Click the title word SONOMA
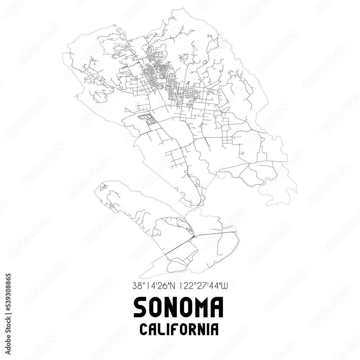coord(179,307)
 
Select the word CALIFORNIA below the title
coord(179,329)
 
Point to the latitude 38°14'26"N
coord(153,287)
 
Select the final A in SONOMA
coord(217,307)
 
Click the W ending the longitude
coord(225,287)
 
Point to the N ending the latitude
coord(171,287)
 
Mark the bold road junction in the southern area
coord(194,237)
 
